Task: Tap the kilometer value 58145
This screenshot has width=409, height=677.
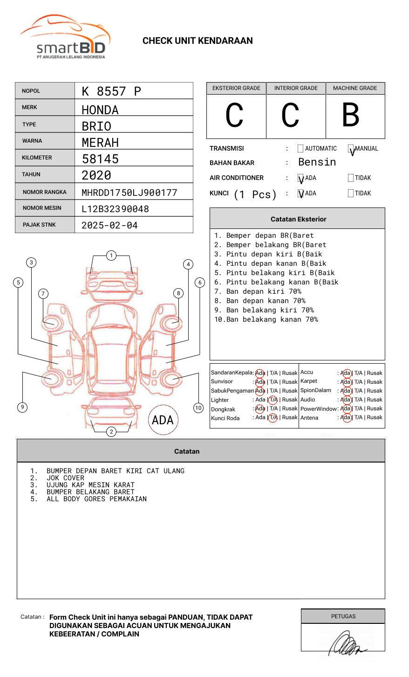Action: point(100,159)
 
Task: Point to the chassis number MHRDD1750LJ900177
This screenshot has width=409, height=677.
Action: point(129,193)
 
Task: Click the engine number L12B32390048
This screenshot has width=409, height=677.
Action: point(115,209)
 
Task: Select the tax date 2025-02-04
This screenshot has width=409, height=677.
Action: point(109,226)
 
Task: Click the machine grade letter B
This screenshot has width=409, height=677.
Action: point(350,115)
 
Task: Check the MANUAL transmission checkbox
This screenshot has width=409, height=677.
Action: point(351,149)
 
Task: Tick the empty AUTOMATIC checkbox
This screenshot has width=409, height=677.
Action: point(300,149)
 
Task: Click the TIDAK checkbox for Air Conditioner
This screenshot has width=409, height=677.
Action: point(351,178)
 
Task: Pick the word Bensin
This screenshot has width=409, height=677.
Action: point(317,162)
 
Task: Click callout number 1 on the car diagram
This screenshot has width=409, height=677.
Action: point(111,255)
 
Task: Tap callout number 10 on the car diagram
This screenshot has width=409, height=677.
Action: point(198,408)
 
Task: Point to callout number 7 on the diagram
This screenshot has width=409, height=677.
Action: point(43,293)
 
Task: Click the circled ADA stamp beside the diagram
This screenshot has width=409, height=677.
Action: point(163,420)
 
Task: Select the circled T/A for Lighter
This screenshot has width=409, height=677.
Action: point(273,400)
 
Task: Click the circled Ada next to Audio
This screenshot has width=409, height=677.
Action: point(346,400)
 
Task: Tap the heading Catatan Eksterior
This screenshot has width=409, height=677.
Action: point(298,219)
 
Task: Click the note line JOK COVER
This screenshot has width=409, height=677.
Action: point(65,478)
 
